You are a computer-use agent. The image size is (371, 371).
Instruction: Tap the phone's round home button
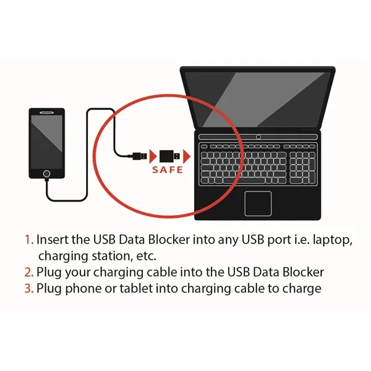pos(47,174)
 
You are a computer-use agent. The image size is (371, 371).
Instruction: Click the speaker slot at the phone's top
pos(47,113)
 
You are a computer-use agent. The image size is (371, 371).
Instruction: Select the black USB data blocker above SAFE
pos(168,155)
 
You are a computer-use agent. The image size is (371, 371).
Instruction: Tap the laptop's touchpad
pos(258,203)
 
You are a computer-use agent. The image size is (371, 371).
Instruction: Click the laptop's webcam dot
pos(258,136)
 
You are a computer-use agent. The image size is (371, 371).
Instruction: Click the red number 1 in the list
pos(28,240)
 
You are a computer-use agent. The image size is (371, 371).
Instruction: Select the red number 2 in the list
pos(28,272)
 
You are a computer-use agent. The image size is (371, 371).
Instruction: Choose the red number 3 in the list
pos(28,288)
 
